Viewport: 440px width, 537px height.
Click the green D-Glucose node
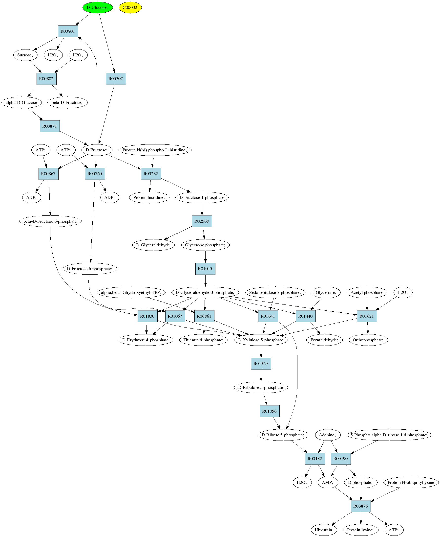pyautogui.click(x=98, y=7)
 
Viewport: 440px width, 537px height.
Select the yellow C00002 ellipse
pyautogui.click(x=130, y=7)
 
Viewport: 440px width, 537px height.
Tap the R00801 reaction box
pyautogui.click(x=68, y=31)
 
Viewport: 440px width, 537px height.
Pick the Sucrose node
pyautogui.click(x=25, y=55)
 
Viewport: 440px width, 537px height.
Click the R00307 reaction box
pyautogui.click(x=116, y=79)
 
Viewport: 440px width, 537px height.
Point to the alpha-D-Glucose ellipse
pyautogui.click(x=21, y=103)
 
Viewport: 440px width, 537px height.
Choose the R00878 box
pyautogui.click(x=50, y=126)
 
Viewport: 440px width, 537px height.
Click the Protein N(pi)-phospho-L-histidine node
pyautogui.click(x=155, y=150)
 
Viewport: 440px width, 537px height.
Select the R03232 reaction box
pyautogui.click(x=151, y=174)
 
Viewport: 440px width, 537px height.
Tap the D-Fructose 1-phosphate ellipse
pyautogui.click(x=202, y=197)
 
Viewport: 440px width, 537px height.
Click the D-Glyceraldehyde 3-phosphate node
pyautogui.click(x=205, y=292)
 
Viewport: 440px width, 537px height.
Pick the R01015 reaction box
pyautogui.click(x=205, y=269)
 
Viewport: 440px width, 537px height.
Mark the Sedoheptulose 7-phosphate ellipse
pyautogui.click(x=275, y=292)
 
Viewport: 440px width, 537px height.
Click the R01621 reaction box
pyautogui.click(x=367, y=316)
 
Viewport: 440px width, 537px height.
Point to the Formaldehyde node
pyautogui.click(x=324, y=340)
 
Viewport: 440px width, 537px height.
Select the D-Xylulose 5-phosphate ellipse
pyautogui.click(x=261, y=340)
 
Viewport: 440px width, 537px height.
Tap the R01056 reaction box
pyautogui.click(x=270, y=411)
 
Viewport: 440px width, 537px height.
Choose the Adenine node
pyautogui.click(x=327, y=435)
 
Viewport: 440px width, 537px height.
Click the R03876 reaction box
pyautogui.click(x=361, y=506)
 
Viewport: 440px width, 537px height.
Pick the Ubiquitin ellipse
pyautogui.click(x=324, y=530)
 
